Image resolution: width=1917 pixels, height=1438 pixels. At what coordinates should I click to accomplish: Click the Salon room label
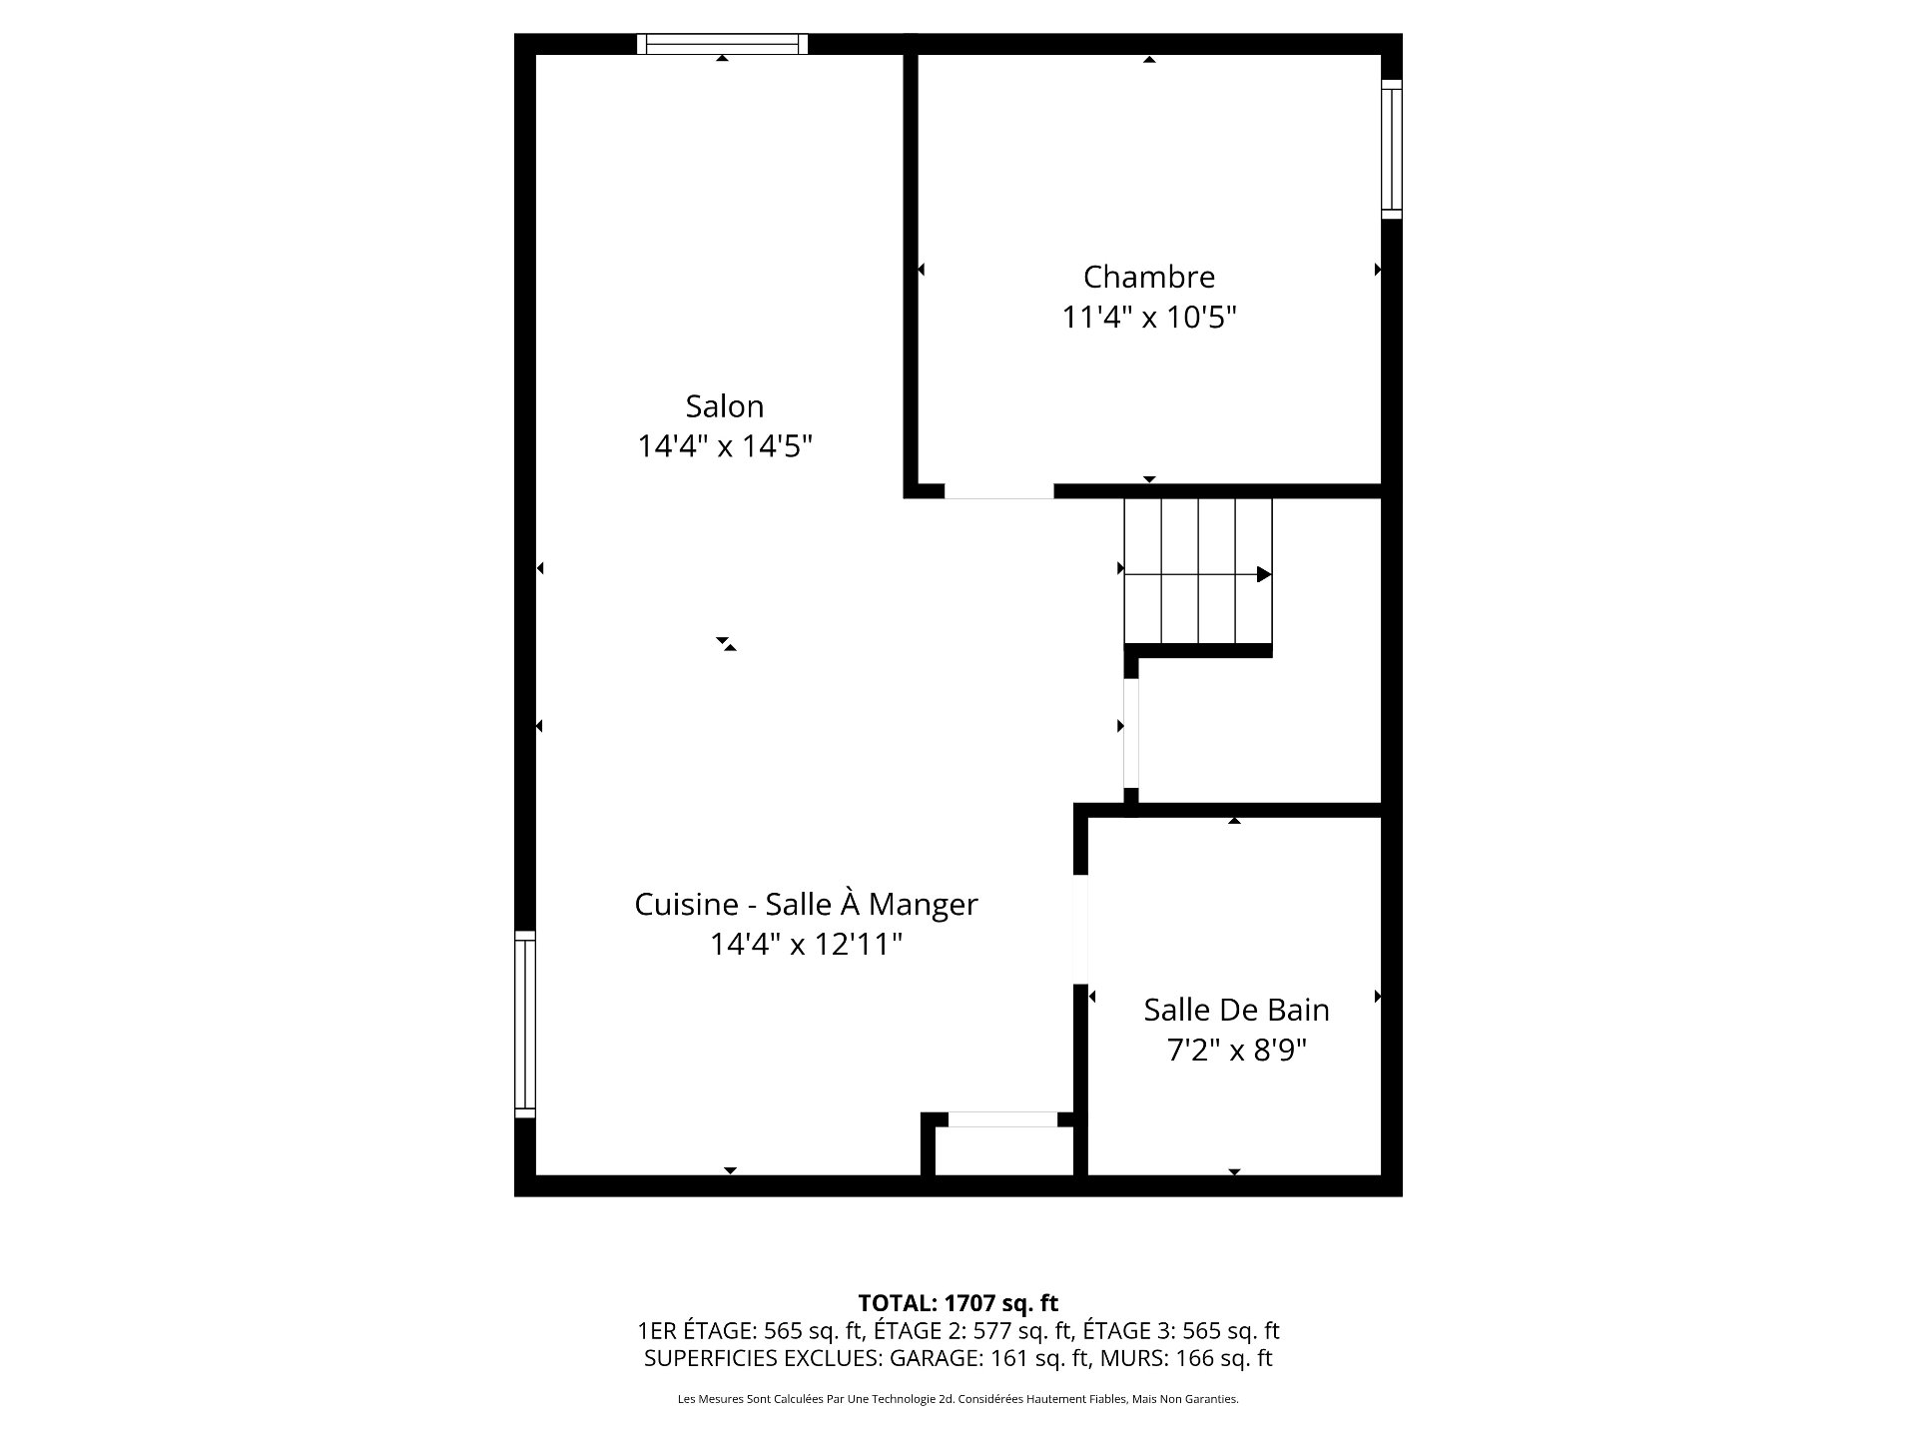click(x=724, y=406)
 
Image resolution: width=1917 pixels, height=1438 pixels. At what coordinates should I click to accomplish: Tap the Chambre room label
click(x=1149, y=277)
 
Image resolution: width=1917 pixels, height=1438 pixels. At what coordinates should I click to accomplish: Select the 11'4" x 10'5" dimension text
click(x=1149, y=318)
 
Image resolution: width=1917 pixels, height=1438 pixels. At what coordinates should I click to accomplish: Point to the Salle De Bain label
click(x=1236, y=1010)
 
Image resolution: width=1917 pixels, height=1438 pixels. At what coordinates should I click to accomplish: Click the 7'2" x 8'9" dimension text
click(x=1236, y=1051)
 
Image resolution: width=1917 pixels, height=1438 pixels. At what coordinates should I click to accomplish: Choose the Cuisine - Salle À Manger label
click(x=806, y=904)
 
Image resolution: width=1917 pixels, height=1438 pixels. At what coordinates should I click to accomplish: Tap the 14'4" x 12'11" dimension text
click(x=806, y=944)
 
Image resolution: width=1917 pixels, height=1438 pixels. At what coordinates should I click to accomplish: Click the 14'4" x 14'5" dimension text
click(x=725, y=446)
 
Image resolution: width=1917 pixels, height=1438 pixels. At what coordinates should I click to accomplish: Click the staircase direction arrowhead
click(x=1264, y=574)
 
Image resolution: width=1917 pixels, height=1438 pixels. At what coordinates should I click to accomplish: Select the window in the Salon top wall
click(x=722, y=44)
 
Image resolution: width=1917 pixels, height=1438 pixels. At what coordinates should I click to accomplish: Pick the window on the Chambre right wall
click(x=1392, y=149)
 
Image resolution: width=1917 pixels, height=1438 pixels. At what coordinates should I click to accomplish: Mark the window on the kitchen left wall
click(x=525, y=1025)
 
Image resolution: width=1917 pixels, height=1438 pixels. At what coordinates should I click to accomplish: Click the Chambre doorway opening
click(x=998, y=490)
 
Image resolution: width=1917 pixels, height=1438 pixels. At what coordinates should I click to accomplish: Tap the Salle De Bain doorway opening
click(x=1080, y=930)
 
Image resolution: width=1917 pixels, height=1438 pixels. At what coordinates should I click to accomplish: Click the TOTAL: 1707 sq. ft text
click(x=958, y=1303)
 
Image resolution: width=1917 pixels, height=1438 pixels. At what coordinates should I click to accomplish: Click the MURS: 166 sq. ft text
click(x=1224, y=1358)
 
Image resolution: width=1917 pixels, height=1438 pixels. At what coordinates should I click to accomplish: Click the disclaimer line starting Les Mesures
click(x=958, y=1399)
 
